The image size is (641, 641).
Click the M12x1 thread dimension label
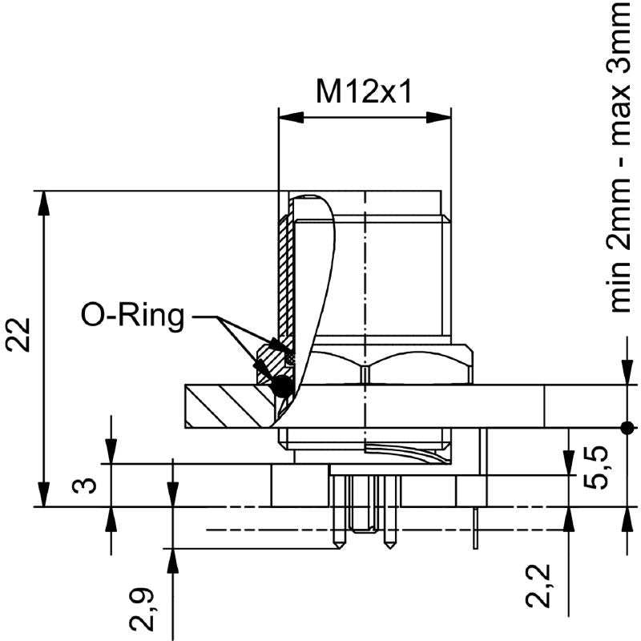[364, 91]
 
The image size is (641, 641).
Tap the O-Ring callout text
[133, 315]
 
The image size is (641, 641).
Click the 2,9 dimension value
[142, 609]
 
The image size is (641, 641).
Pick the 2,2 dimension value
[538, 586]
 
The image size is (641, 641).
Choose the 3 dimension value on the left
[85, 486]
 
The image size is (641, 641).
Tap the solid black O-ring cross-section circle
[282, 385]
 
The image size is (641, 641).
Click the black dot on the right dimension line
[627, 428]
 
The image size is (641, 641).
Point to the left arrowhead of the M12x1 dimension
[291, 117]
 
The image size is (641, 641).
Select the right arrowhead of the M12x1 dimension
[438, 117]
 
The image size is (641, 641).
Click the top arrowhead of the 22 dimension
[44, 204]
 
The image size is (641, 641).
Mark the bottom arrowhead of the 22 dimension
[44, 494]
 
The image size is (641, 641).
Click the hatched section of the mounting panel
[229, 406]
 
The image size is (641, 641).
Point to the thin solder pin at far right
[475, 529]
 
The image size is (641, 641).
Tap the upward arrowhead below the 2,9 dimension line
[173, 561]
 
